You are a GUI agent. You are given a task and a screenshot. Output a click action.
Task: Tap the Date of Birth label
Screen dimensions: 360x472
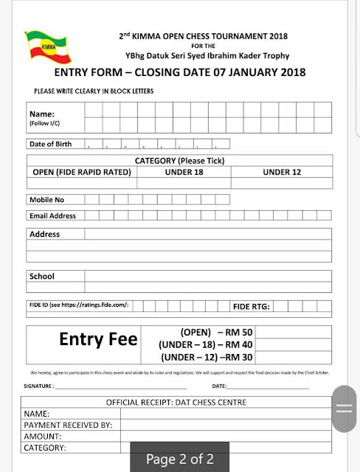[x=50, y=145]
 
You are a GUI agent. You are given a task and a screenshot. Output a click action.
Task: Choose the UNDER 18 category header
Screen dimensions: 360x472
[x=179, y=173]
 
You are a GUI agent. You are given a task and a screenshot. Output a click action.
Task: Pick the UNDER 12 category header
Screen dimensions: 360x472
[x=283, y=173]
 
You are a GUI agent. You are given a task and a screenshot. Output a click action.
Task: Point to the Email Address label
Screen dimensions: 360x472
[x=52, y=216]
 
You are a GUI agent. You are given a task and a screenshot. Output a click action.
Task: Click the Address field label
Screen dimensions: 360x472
[x=44, y=235]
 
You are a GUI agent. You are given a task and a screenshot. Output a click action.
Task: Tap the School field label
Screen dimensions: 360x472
[x=41, y=277]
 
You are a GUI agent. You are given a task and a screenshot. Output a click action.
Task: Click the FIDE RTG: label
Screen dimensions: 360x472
[x=252, y=305]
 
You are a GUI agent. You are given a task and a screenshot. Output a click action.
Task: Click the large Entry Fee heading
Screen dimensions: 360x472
[x=98, y=339]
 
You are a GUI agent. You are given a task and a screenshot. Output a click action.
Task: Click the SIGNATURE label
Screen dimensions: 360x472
[x=38, y=386]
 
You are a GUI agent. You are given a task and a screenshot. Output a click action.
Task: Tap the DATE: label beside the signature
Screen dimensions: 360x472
[x=219, y=386]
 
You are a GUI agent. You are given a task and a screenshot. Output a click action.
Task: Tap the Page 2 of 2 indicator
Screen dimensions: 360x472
[x=179, y=459]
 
